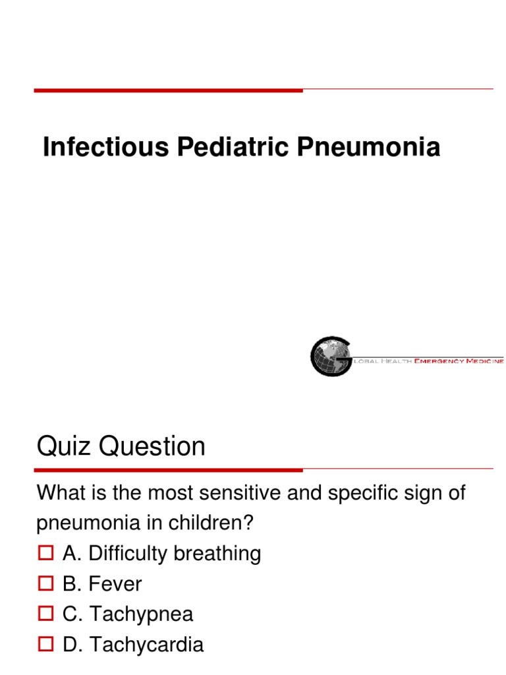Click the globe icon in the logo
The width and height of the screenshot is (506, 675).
tap(331, 356)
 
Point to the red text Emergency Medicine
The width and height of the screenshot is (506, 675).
tap(459, 361)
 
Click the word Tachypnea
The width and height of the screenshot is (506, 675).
tap(142, 614)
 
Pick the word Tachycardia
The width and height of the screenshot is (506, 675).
tap(146, 645)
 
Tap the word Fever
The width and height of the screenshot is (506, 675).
tap(116, 584)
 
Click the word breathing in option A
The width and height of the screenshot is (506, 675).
tap(217, 554)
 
